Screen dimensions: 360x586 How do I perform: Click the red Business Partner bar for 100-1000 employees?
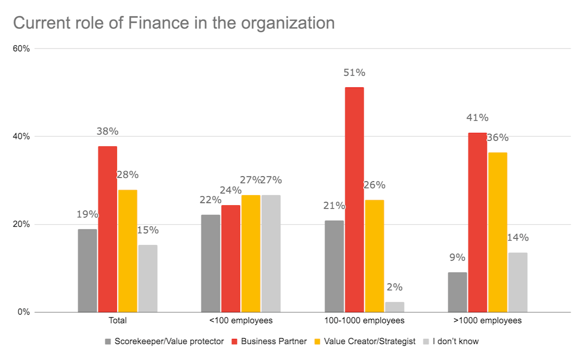click(x=354, y=200)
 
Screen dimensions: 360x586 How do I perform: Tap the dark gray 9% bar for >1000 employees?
click(x=457, y=292)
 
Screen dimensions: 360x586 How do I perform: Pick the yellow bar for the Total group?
click(x=128, y=251)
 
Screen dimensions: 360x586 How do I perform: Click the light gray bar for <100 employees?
click(x=271, y=254)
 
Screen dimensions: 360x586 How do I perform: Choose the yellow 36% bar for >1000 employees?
click(x=498, y=232)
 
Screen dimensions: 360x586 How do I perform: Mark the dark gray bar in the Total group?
click(x=87, y=271)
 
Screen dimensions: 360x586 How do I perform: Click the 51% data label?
click(x=354, y=72)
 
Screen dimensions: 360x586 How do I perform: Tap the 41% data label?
click(x=477, y=118)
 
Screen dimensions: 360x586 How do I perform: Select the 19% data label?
click(x=87, y=214)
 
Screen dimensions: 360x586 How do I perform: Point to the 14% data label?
click(x=518, y=237)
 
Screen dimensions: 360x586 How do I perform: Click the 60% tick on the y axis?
click(x=21, y=49)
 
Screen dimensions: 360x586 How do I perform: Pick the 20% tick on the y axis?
click(x=21, y=224)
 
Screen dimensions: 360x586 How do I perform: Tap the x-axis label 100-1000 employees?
click(x=364, y=321)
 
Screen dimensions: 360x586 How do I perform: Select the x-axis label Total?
click(x=118, y=321)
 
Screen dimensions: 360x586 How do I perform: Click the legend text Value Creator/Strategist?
click(x=369, y=341)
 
